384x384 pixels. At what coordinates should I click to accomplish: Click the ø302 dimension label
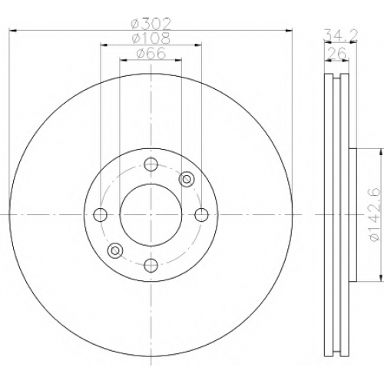pyautogui.click(x=151, y=25)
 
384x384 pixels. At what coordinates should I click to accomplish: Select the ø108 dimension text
pyautogui.click(x=151, y=38)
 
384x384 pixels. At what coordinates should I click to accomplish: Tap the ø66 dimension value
pyautogui.click(x=151, y=54)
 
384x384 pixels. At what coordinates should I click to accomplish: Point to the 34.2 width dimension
pyautogui.click(x=340, y=35)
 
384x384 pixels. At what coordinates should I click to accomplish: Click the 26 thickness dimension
pyautogui.click(x=337, y=53)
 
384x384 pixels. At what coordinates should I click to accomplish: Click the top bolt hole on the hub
pyautogui.click(x=151, y=164)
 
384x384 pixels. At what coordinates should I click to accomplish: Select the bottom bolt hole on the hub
pyautogui.click(x=151, y=265)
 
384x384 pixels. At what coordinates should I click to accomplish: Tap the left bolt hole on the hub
pyautogui.click(x=101, y=215)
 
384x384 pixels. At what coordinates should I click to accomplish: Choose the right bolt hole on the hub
pyautogui.click(x=201, y=215)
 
